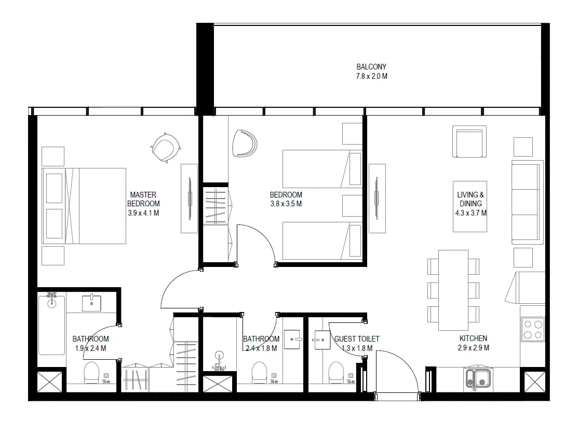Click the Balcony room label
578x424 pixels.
[x=372, y=67]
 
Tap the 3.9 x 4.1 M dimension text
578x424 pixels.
[x=143, y=213]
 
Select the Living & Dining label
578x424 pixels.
[x=471, y=199]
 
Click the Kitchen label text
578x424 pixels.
[x=473, y=338]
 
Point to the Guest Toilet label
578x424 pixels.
[x=356, y=339]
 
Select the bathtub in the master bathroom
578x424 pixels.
[x=51, y=324]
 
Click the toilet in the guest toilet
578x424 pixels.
[x=336, y=372]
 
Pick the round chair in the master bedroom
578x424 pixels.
[x=166, y=147]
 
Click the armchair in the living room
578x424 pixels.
[x=469, y=142]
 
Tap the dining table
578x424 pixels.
[x=453, y=290]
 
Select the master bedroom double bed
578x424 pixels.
[x=84, y=206]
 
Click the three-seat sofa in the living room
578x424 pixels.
[x=528, y=202]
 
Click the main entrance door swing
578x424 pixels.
[x=397, y=372]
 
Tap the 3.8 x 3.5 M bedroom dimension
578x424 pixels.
[x=286, y=204]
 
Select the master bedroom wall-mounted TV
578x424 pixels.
[x=190, y=199]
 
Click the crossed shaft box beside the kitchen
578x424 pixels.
[x=534, y=382]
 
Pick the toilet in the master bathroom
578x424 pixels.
[x=91, y=372]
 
